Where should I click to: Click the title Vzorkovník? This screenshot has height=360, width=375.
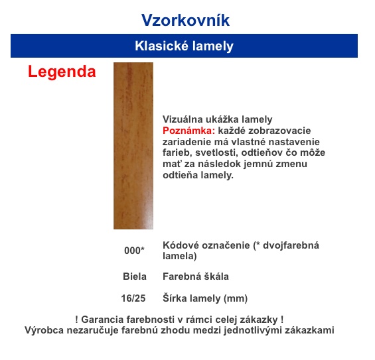pyautogui.click(x=185, y=20)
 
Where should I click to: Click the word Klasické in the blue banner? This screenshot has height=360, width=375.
pyautogui.click(x=161, y=46)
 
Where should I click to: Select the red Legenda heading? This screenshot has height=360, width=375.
pyautogui.click(x=62, y=72)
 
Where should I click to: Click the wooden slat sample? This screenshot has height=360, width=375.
pyautogui.click(x=133, y=146)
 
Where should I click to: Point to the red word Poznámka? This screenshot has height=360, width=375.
pyautogui.click(x=188, y=131)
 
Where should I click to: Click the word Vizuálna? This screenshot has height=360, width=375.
pyautogui.click(x=183, y=119)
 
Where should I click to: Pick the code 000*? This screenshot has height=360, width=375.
pyautogui.click(x=134, y=251)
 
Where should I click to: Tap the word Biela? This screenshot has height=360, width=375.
pyautogui.click(x=135, y=276)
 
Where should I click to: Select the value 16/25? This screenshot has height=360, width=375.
pyautogui.click(x=133, y=298)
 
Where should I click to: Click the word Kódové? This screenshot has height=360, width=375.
pyautogui.click(x=183, y=245)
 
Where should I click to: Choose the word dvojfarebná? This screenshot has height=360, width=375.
pyautogui.click(x=291, y=245)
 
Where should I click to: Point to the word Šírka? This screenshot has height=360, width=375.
pyautogui.click(x=175, y=298)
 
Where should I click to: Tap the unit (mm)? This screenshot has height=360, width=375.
pyautogui.click(x=236, y=298)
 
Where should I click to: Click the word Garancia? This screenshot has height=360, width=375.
pyautogui.click(x=102, y=320)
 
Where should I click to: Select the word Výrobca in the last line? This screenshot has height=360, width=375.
pyautogui.click(x=44, y=330)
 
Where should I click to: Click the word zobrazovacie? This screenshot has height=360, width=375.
pyautogui.click(x=279, y=131)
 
